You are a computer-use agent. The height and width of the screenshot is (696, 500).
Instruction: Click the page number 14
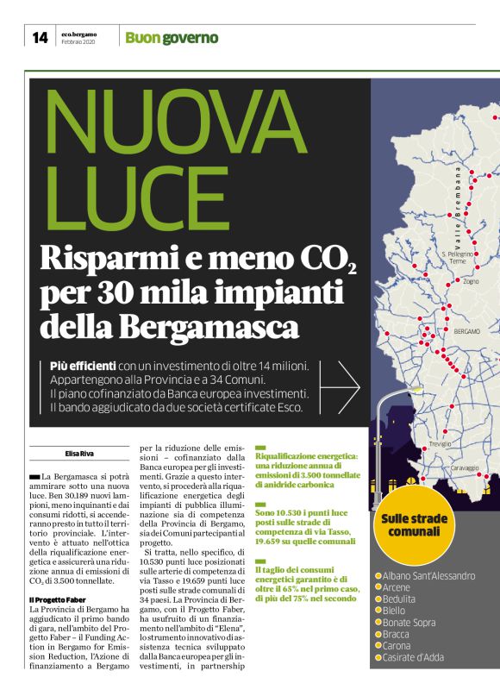(x=40, y=37)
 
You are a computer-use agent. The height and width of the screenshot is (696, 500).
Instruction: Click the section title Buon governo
(x=172, y=38)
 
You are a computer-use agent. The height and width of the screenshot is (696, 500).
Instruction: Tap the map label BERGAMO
(x=466, y=330)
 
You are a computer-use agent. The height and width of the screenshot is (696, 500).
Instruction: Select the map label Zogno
(x=471, y=281)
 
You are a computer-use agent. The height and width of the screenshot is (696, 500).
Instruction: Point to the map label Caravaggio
(x=464, y=467)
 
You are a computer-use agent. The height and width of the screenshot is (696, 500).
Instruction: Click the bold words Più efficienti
(x=83, y=367)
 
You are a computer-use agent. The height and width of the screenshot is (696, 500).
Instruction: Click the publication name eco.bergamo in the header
(x=79, y=34)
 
